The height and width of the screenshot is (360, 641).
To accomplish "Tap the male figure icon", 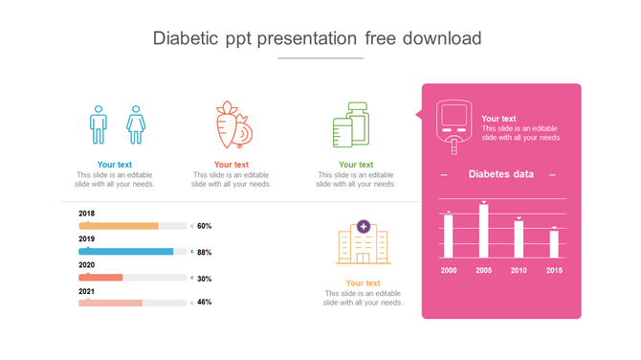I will click(x=98, y=124).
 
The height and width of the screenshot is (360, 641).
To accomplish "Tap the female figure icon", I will click(x=135, y=124).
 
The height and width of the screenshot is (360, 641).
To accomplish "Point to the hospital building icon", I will click(x=363, y=243).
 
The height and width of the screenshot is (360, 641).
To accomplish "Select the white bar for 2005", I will click(x=483, y=231).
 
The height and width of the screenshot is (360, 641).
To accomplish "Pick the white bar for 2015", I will click(x=554, y=244).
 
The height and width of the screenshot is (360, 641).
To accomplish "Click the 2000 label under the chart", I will click(x=448, y=271).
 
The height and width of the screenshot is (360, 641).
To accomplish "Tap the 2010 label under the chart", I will click(x=519, y=271).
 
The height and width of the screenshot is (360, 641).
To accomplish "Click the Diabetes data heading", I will click(x=501, y=174).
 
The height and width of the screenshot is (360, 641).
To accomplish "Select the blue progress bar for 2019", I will click(x=126, y=252).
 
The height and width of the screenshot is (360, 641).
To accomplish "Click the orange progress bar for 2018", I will click(x=119, y=226).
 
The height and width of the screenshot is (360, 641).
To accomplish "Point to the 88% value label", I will click(x=204, y=253).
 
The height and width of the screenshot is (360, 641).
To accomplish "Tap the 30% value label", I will click(x=204, y=279).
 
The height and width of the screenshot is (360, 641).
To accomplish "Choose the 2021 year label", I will click(x=86, y=290).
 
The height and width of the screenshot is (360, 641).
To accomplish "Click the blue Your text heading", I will click(x=115, y=165).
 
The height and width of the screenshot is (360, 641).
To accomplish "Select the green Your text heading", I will click(x=356, y=165).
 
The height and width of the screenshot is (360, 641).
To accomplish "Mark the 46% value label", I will click(x=204, y=303).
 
